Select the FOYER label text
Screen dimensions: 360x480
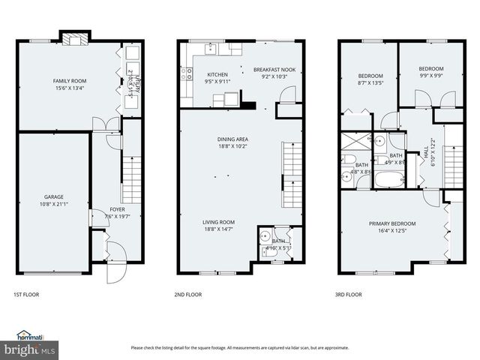click(x=117, y=209)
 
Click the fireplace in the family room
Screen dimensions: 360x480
click(x=73, y=39)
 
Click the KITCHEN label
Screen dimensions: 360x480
click(x=217, y=74)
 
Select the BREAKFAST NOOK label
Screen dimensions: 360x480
click(x=274, y=70)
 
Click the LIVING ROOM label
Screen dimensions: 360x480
click(x=217, y=222)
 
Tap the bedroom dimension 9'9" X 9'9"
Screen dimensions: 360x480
click(x=430, y=75)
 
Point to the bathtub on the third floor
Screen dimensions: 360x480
click(x=388, y=181)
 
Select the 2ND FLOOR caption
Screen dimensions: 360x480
click(x=187, y=295)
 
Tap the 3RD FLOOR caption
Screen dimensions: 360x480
click(x=348, y=295)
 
